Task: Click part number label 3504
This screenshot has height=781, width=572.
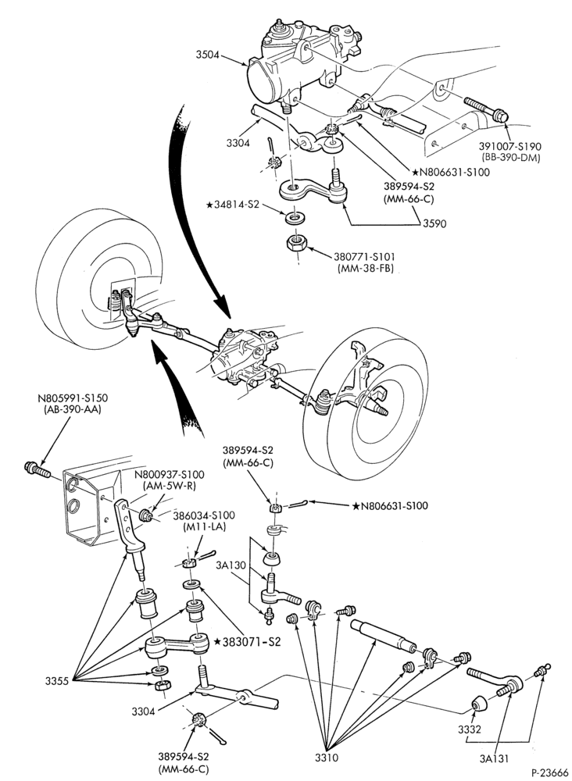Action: (206, 55)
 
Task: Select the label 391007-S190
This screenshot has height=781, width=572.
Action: (509, 147)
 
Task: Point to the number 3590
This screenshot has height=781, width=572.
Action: (434, 223)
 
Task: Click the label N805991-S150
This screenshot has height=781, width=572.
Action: (72, 398)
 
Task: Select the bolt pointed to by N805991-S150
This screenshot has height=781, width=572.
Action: (36, 469)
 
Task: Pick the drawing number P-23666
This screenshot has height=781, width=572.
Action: (550, 772)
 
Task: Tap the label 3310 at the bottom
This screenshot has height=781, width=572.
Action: (327, 758)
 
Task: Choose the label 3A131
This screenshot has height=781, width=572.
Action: (494, 758)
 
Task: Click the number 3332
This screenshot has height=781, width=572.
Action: (470, 729)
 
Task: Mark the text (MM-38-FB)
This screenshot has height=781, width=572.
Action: (363, 268)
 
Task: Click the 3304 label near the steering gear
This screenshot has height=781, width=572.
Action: (238, 144)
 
